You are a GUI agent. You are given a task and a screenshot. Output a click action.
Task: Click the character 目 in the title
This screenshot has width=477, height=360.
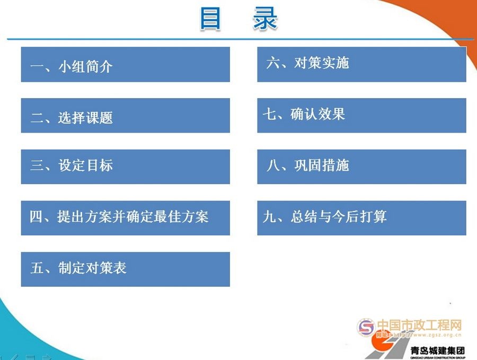pos(210,19)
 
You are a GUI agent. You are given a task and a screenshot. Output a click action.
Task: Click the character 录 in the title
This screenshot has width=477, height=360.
pos(266,19)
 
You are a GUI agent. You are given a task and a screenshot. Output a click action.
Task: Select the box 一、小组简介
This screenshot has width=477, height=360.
pos(125,65)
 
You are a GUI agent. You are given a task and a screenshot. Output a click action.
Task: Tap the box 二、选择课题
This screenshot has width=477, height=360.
pos(125,116)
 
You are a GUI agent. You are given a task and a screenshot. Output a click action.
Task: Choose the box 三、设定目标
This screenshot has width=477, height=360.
pos(125,166)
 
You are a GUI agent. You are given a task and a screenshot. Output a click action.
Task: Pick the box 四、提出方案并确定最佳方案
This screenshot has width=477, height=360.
pos(125,218)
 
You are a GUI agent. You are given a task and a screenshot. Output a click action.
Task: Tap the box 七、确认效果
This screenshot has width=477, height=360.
pos(361,116)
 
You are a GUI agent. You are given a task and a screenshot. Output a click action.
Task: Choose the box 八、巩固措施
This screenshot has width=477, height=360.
pos(361,166)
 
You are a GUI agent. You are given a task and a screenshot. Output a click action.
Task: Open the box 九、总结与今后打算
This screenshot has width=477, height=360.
pos(361,218)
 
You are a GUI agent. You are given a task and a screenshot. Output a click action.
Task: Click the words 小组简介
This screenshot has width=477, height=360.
pos(85,67)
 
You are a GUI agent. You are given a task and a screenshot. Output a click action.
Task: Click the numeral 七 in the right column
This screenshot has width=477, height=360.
pos(270,115)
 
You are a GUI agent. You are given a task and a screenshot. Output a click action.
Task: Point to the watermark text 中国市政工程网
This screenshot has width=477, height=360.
pos(419,325)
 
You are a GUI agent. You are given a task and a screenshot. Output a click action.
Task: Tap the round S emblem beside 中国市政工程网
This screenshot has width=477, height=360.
pos(365,327)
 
